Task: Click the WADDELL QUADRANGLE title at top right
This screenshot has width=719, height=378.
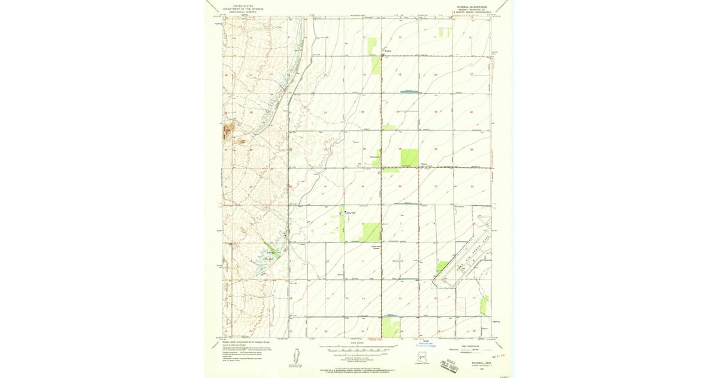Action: coord(470,7)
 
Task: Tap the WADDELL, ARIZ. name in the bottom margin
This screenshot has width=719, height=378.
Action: coord(481,362)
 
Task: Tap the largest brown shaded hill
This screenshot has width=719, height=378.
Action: coord(228,128)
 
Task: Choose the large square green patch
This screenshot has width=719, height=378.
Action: coord(409,157)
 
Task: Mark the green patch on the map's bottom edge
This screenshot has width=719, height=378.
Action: coord(391,328)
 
